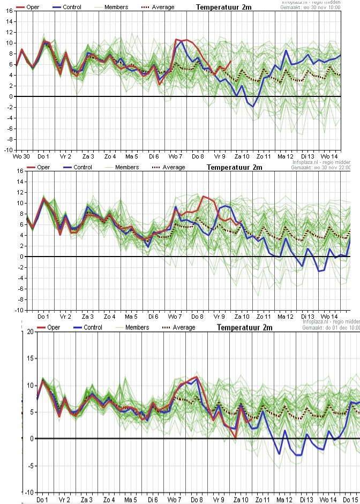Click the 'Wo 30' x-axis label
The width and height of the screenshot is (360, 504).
click(21, 156)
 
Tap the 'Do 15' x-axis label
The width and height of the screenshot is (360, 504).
click(351, 499)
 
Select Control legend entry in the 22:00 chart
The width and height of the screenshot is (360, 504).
click(82, 168)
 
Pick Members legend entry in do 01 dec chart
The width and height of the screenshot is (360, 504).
click(137, 328)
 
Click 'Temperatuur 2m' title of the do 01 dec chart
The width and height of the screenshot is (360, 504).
click(245, 328)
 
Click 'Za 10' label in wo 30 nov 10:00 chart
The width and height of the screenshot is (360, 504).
click(241, 156)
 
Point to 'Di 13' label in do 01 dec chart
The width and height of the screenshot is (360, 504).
click(307, 499)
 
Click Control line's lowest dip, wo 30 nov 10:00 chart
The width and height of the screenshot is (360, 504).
click(253, 107)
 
